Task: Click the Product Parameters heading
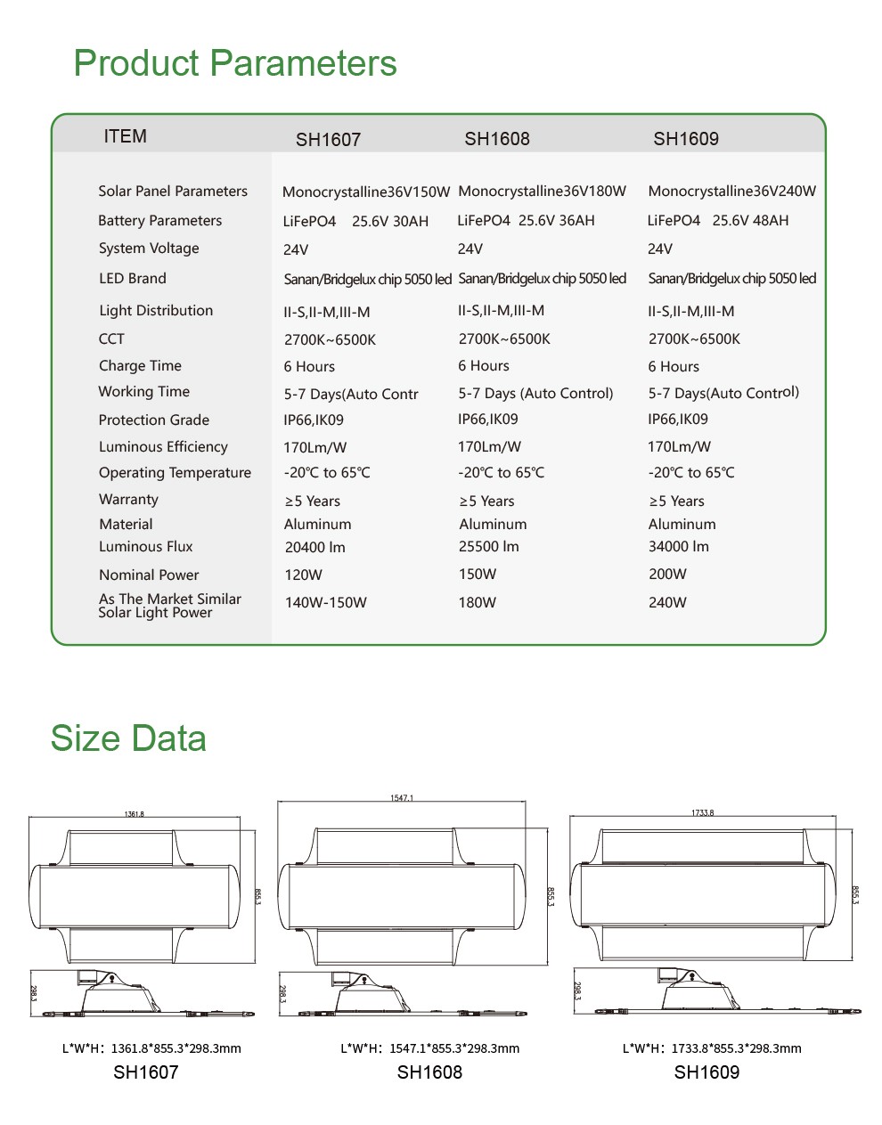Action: (235, 63)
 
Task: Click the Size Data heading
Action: (128, 738)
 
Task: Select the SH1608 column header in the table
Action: (497, 139)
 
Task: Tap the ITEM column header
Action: (125, 136)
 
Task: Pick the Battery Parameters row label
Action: (159, 221)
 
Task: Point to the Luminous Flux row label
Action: (145, 547)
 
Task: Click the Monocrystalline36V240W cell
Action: (731, 192)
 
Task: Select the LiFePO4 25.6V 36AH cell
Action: (526, 221)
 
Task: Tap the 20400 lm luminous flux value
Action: (314, 548)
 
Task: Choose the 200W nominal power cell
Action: (667, 575)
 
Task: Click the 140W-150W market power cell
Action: (325, 603)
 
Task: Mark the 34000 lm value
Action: (678, 547)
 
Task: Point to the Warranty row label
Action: (128, 500)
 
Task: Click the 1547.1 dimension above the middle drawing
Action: (402, 798)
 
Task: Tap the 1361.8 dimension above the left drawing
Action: (134, 814)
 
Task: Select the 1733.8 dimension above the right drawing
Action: (702, 813)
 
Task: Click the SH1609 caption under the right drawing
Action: (706, 1072)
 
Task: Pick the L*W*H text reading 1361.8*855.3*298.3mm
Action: (151, 1048)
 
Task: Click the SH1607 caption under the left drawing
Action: (145, 1072)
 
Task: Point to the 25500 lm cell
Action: (488, 547)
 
